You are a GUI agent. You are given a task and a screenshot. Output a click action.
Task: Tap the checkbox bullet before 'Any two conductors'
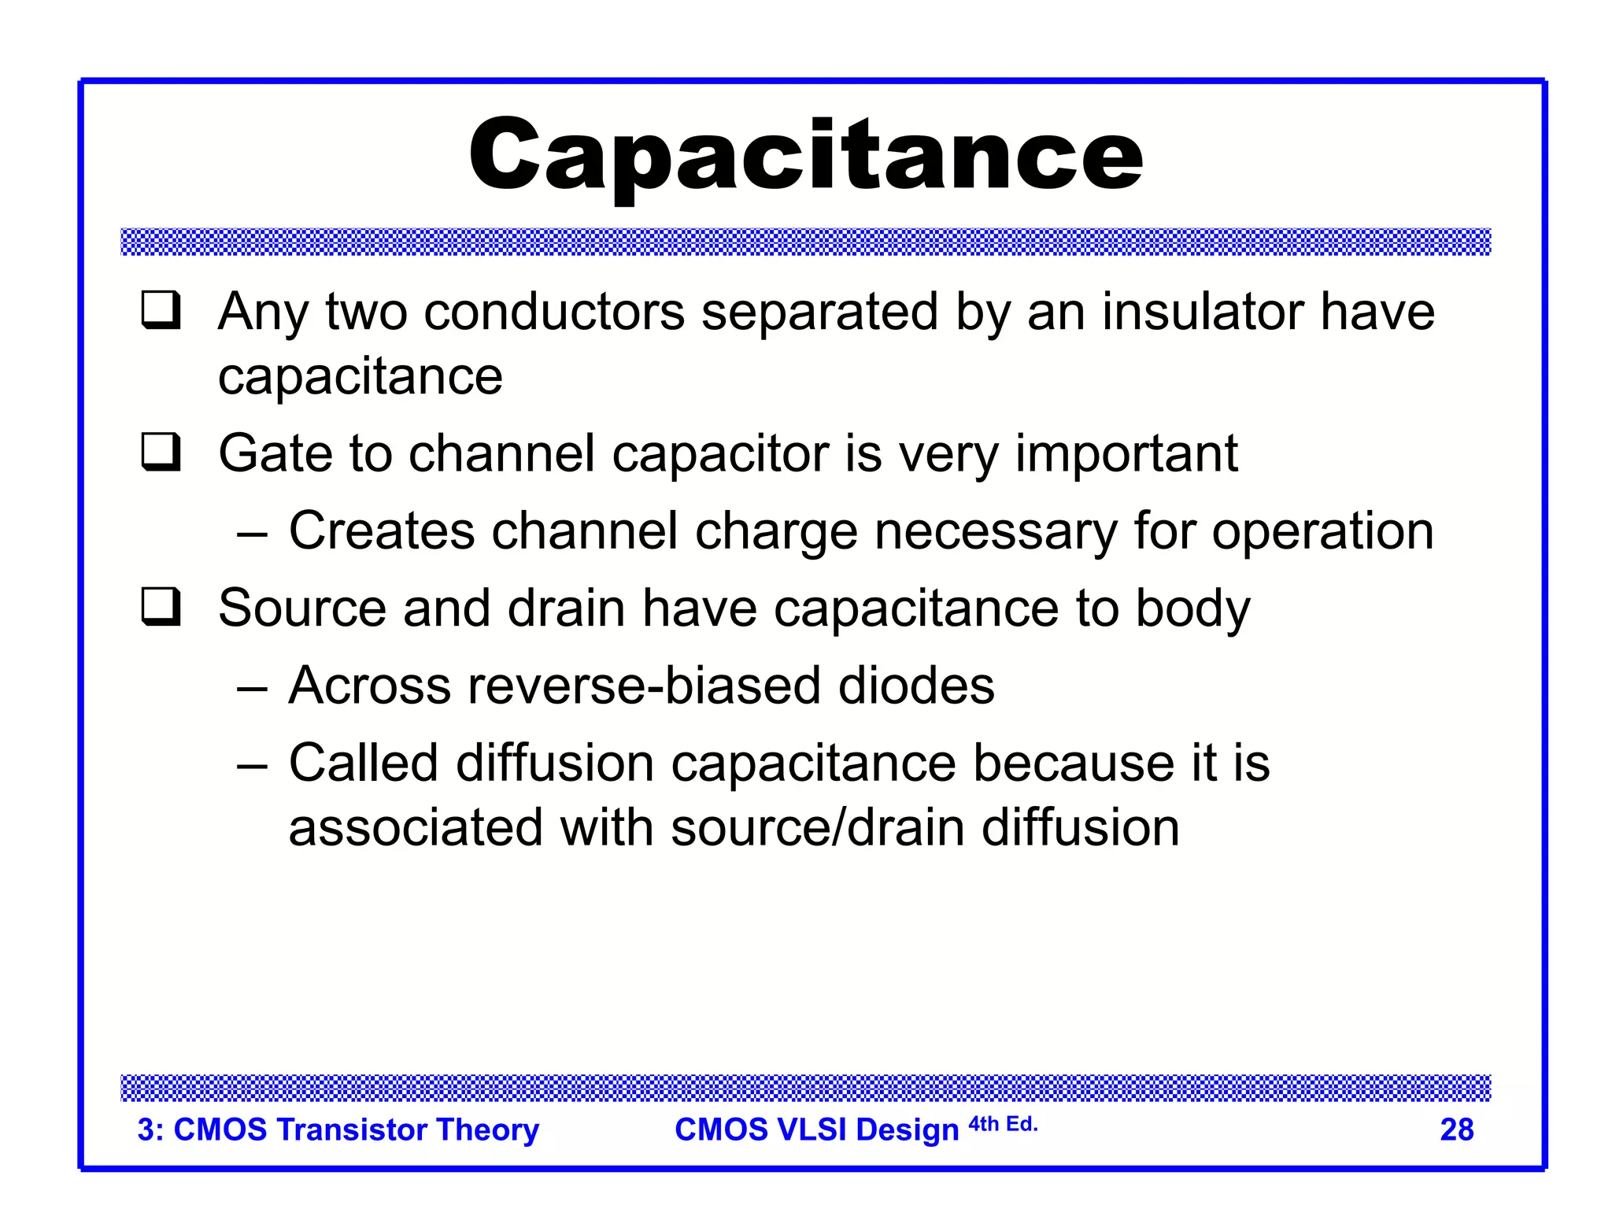tap(161, 310)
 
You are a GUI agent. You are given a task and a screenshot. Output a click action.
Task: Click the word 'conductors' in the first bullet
tap(554, 312)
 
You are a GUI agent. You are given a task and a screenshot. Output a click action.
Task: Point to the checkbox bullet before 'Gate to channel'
tap(161, 453)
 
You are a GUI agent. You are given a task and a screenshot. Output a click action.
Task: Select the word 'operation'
tap(1322, 533)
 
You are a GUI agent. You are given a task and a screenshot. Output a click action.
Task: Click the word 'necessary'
tap(995, 533)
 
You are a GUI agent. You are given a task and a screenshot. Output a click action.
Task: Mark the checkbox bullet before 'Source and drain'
tap(161, 608)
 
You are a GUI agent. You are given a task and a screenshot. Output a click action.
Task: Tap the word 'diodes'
tap(916, 686)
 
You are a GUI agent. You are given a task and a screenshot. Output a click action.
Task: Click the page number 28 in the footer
tap(1456, 1130)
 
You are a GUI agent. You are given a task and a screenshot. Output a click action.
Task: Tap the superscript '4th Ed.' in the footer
tap(1003, 1124)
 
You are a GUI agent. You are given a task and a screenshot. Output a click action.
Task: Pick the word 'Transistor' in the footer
tap(351, 1130)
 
